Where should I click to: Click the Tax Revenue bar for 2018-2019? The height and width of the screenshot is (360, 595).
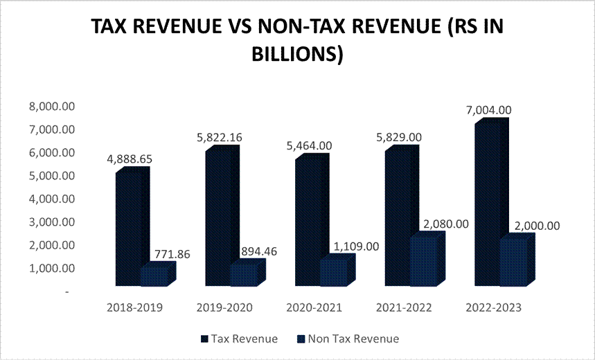[x=128, y=228]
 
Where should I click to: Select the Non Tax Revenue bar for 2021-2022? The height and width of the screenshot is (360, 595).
[x=424, y=262]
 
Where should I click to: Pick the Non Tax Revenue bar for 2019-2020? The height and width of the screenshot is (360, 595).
[x=243, y=276]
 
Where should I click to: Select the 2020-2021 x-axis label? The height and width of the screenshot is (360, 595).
[x=314, y=307]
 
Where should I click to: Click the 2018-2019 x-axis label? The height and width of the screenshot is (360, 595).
[x=136, y=307]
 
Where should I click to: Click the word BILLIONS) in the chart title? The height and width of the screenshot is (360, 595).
[x=297, y=55]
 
